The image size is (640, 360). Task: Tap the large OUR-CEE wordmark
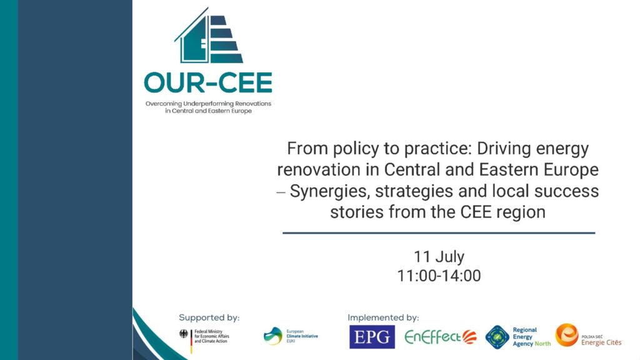click(x=208, y=83)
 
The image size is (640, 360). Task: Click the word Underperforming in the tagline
click(x=209, y=104)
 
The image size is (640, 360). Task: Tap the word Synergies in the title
click(x=330, y=191)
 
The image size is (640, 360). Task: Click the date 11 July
click(x=439, y=257)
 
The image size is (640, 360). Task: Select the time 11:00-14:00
click(x=439, y=276)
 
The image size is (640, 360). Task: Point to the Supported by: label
click(x=209, y=317)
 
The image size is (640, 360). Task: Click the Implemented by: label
click(x=383, y=317)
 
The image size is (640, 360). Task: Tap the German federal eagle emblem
click(x=184, y=334)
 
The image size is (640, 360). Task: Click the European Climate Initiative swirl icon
click(x=273, y=336)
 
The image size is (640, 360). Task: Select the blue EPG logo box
click(x=372, y=337)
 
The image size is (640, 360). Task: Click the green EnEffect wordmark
click(x=433, y=337)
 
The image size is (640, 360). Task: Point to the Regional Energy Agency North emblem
click(x=497, y=337)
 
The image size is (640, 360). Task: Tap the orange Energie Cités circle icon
click(x=567, y=335)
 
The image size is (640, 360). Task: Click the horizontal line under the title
click(x=439, y=233)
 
